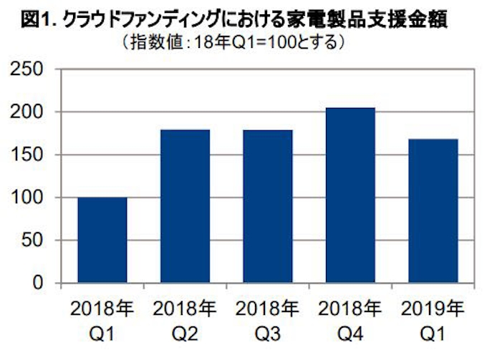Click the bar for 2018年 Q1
click(102, 240)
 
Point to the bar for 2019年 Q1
click(432, 211)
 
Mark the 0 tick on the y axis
click(43, 283)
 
